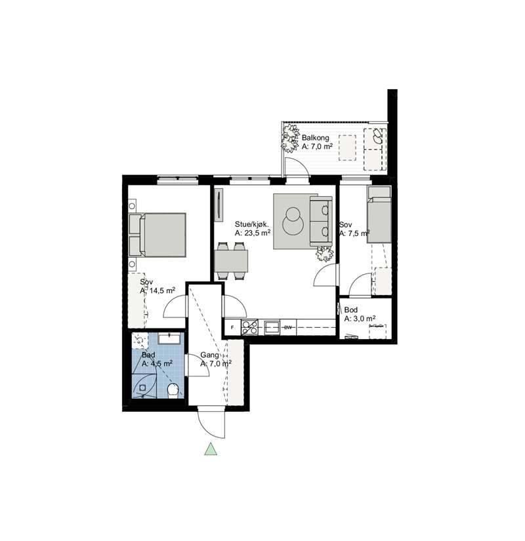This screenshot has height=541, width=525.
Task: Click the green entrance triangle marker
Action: [211, 449]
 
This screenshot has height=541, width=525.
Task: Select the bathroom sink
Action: [169, 338]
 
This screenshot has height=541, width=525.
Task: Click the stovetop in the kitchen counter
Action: [250, 327]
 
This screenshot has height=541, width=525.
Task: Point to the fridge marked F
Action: [232, 327]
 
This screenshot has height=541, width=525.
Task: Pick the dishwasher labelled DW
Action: [287, 327]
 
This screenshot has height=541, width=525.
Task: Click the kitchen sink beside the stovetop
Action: [272, 327]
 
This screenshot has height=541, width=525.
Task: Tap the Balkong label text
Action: [316, 138]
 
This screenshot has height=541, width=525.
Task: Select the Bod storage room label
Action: [351, 310]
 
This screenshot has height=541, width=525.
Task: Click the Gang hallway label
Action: [209, 355]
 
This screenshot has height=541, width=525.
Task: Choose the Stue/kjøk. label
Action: [252, 224]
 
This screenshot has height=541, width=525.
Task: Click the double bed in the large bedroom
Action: [157, 235]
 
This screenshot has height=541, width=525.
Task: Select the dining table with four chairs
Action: [231, 260]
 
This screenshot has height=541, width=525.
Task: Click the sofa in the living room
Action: [321, 221]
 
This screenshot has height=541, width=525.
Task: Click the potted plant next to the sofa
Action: [325, 254]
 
